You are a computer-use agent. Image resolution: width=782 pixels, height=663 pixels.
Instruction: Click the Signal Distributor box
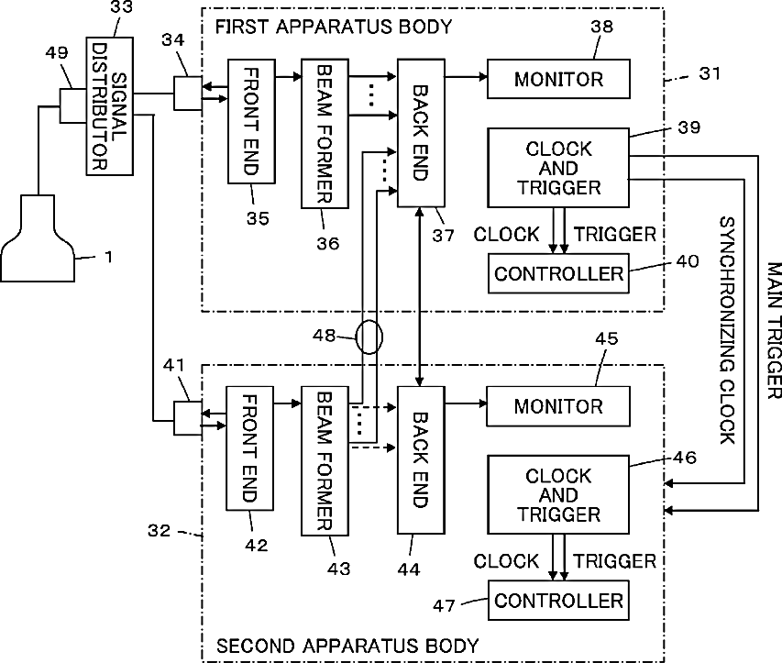pyautogui.click(x=110, y=105)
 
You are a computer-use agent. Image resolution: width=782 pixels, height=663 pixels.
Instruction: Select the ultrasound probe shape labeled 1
pyautogui.click(x=38, y=238)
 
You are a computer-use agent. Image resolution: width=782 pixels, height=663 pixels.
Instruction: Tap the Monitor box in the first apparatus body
pyautogui.click(x=558, y=79)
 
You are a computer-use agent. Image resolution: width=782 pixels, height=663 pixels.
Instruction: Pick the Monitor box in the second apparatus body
pyautogui.click(x=558, y=406)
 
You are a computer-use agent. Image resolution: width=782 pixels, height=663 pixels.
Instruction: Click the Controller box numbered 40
pyautogui.click(x=558, y=273)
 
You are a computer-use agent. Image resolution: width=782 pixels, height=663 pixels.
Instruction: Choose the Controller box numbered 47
pyautogui.click(x=558, y=600)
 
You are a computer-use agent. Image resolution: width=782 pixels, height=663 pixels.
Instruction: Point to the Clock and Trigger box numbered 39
pyautogui.click(x=558, y=168)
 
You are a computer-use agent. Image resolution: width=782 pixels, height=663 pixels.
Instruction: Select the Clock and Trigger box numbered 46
pyautogui.click(x=558, y=494)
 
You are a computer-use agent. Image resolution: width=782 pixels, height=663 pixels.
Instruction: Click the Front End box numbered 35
pyautogui.click(x=251, y=122)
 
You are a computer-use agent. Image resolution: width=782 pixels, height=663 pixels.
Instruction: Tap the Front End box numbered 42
pyautogui.click(x=250, y=448)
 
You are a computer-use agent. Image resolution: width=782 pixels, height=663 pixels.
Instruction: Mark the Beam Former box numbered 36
pyautogui.click(x=325, y=134)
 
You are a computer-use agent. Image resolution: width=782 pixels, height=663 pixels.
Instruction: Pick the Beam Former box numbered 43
pyautogui.click(x=325, y=460)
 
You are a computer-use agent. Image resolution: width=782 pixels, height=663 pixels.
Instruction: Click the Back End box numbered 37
pyautogui.click(x=421, y=133)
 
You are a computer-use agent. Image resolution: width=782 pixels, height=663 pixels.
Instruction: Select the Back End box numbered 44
pyautogui.click(x=421, y=460)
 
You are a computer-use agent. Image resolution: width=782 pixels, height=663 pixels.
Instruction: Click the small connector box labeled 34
pyautogui.click(x=188, y=94)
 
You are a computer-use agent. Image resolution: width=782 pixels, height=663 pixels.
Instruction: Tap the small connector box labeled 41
pyautogui.click(x=188, y=418)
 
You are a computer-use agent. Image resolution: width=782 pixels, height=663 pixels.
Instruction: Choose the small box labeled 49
pyautogui.click(x=73, y=105)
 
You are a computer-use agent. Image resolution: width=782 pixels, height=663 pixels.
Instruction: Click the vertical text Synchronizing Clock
pyautogui.click(x=727, y=330)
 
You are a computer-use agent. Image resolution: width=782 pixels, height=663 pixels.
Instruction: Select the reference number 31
pyautogui.click(x=710, y=73)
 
